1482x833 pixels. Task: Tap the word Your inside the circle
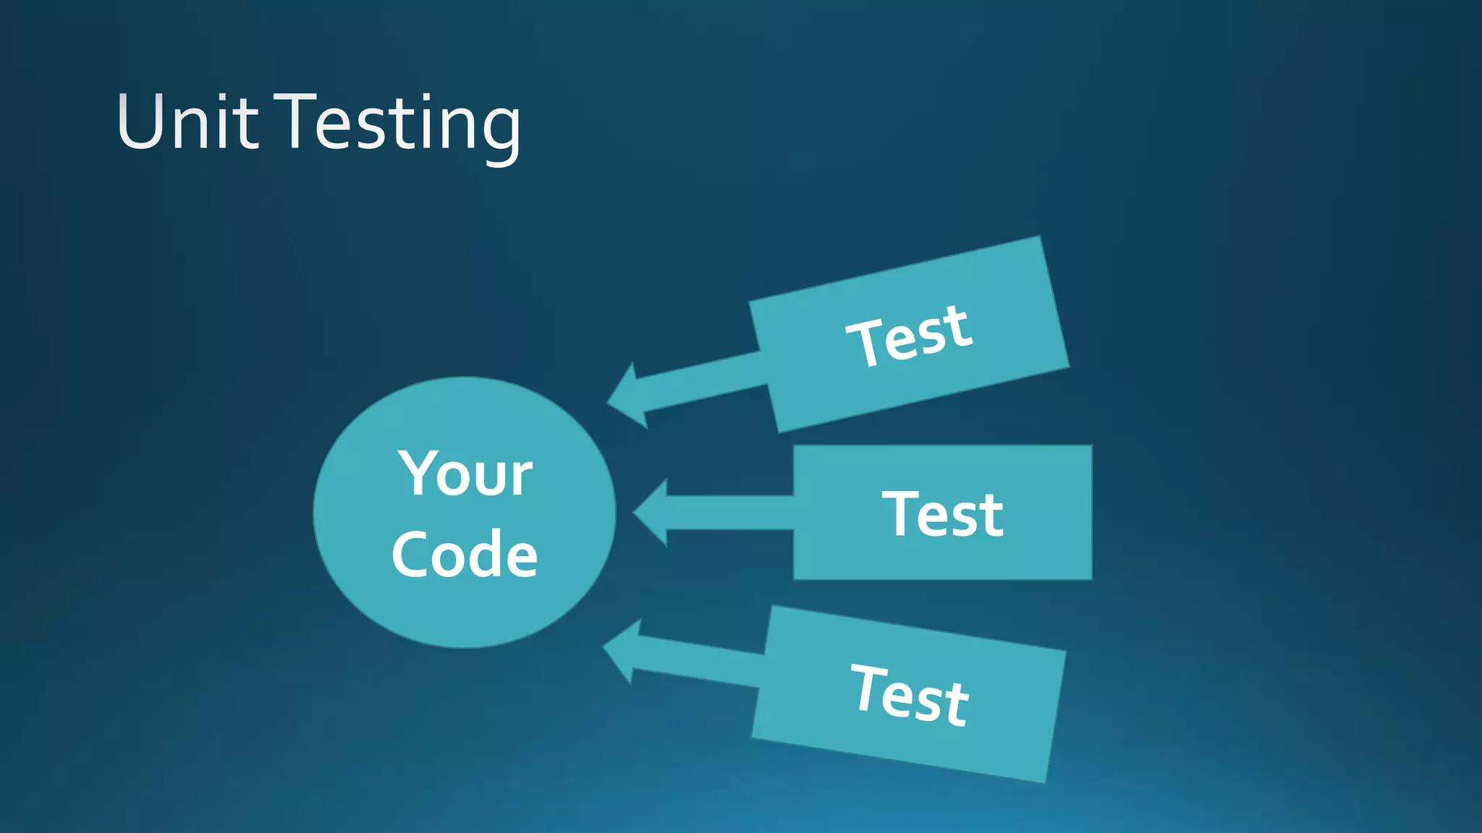465,474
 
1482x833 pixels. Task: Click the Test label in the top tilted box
909,335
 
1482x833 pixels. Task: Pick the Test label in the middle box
942,513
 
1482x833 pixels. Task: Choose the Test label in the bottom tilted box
909,694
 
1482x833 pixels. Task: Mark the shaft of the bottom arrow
698,662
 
